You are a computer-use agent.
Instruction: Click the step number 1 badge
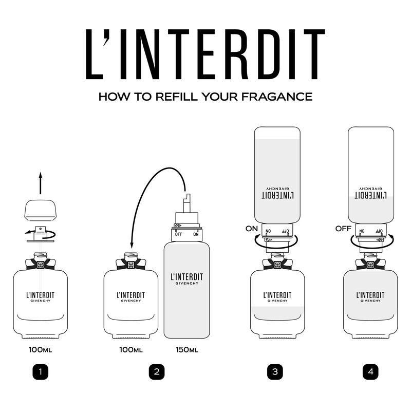pos(41,371)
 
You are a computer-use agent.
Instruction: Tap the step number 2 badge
pos(157,371)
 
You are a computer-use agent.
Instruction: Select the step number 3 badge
pos(275,371)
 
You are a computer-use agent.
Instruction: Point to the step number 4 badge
pos(370,371)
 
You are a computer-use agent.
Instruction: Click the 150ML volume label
pos(187,350)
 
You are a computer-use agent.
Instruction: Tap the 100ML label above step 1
pos(41,350)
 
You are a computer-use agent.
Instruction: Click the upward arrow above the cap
pos(41,183)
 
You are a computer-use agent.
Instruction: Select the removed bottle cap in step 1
pos(41,210)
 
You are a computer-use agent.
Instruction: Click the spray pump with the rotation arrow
pos(41,234)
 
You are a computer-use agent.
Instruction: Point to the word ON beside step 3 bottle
pos(252,229)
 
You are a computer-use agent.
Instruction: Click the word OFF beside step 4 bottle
pos(343,229)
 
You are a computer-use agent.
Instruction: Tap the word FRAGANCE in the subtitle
pos(277,97)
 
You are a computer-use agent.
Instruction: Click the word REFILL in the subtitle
pos(176,97)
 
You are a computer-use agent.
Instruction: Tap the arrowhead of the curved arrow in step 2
pos(132,245)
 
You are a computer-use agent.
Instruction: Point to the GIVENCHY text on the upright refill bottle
pos(187,284)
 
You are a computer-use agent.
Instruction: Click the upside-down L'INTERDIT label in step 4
pos(370,195)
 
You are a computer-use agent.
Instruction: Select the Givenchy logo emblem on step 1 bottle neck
pos(41,265)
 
